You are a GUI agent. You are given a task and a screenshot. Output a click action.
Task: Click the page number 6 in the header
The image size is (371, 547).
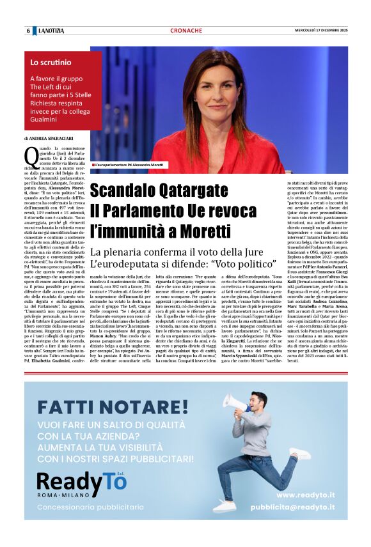(28, 31)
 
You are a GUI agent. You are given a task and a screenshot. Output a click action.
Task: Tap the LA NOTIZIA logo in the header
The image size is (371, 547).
(51, 31)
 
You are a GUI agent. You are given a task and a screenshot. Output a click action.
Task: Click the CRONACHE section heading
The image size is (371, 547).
(186, 31)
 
